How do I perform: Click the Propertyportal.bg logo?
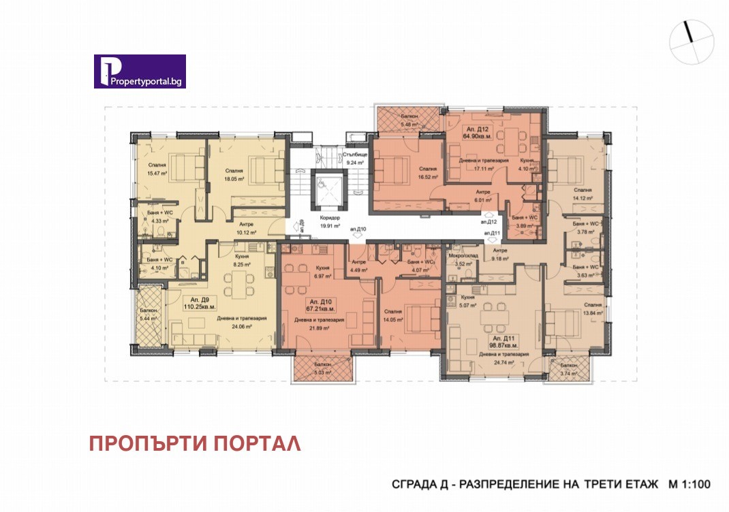tap(140, 71)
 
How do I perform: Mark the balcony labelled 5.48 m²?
tap(408, 124)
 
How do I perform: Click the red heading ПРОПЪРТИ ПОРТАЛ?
tap(195, 444)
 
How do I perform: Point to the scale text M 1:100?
tap(689, 485)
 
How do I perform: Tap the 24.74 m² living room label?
tap(504, 362)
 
